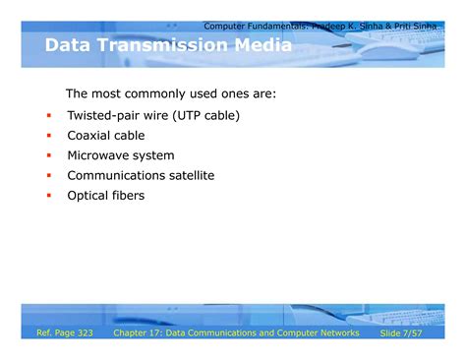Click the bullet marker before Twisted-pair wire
click(x=48, y=116)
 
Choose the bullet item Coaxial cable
click(x=105, y=136)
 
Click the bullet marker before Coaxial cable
click(x=48, y=136)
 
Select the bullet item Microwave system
click(x=120, y=155)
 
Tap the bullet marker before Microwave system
click(x=48, y=156)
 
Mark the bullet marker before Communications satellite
click(x=48, y=176)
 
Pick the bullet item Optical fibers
click(x=105, y=195)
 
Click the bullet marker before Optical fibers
click(x=48, y=196)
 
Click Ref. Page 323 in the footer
click(x=64, y=333)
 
